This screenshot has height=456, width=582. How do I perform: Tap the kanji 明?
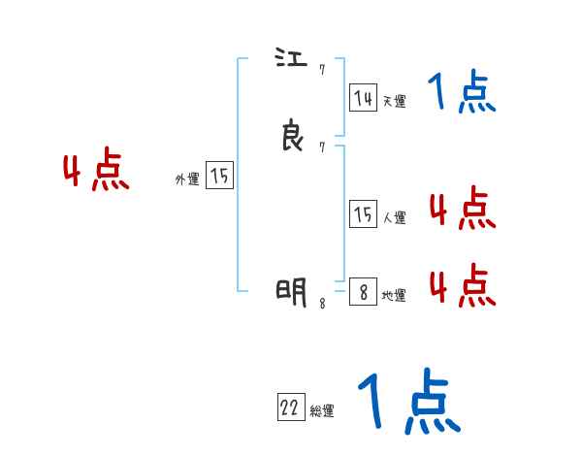pos(292,290)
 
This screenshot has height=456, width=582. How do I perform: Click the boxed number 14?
pos(363,97)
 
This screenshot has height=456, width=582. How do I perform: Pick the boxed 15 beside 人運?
pos(363,214)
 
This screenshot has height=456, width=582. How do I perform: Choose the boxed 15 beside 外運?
pos(219,176)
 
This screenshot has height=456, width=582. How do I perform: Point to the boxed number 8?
pos(363,292)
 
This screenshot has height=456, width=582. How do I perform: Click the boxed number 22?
pos(290,408)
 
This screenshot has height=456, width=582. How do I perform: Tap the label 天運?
pos(394,101)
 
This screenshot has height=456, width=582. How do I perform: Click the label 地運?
pos(394,296)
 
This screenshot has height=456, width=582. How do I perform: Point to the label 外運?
pos(187,179)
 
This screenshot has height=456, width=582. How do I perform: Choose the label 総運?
pos(322,411)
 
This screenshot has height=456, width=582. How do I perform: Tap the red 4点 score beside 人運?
pos(462,208)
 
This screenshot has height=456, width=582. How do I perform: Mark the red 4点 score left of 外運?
pos(96,172)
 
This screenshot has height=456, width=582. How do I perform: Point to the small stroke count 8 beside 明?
pos(322,303)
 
